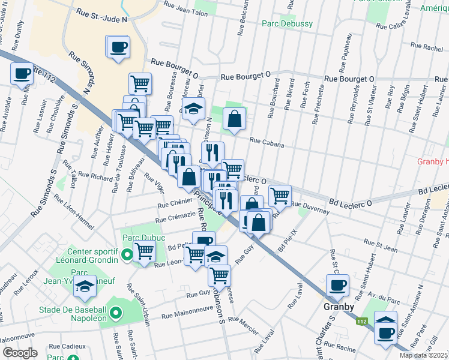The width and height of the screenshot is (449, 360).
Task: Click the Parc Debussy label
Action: pos(287,23)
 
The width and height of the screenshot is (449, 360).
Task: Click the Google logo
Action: pos(20,353)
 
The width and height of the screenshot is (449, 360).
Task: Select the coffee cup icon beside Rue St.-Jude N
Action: pos(118,47)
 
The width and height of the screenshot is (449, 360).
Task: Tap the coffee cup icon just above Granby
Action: pos(337,286)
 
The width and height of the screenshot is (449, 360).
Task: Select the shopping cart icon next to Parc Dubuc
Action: pos(144,252)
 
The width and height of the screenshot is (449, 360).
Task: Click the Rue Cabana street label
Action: pos(266,144)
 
